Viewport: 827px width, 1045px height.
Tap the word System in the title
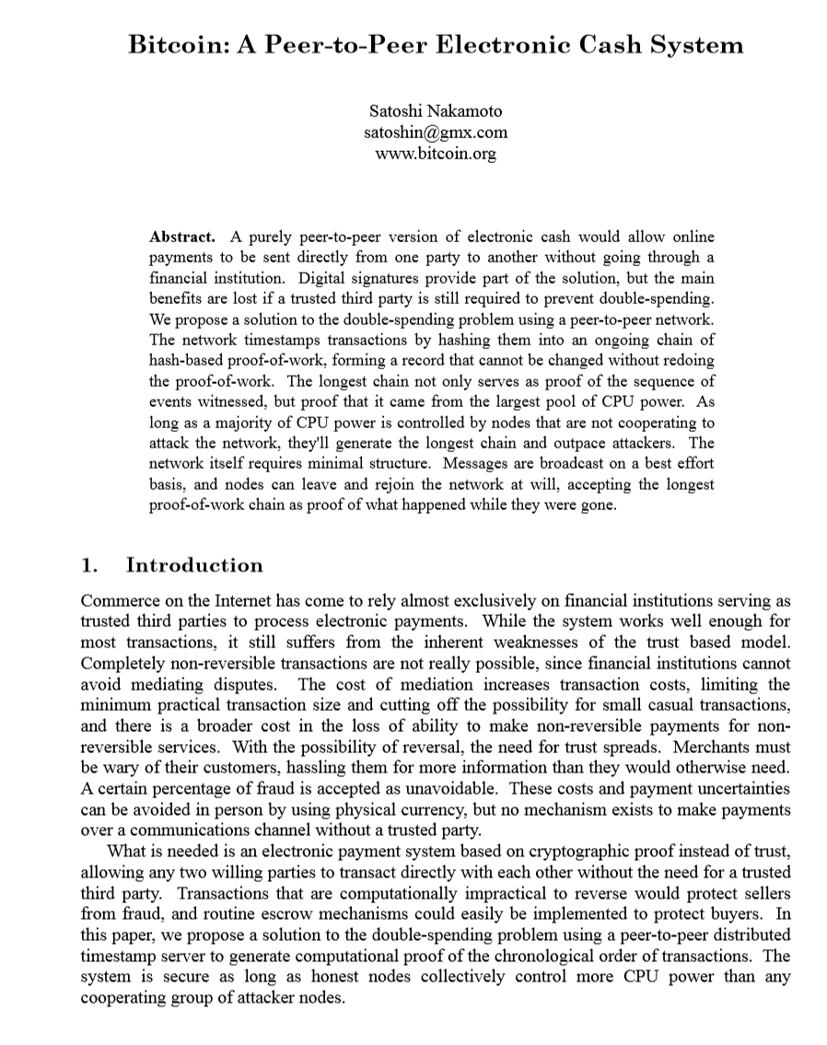click(694, 44)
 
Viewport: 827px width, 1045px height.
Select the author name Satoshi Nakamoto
click(436, 111)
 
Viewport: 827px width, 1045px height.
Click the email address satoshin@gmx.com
click(436, 133)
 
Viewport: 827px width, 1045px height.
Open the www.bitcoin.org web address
click(436, 153)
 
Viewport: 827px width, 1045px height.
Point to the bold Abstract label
click(182, 237)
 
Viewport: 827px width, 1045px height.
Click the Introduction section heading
click(194, 565)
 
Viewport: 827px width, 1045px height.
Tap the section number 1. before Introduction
click(89, 565)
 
